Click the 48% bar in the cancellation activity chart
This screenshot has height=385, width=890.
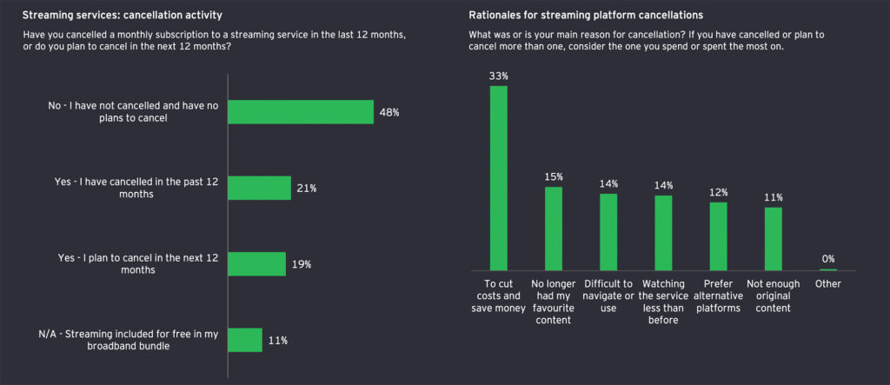[x=300, y=111]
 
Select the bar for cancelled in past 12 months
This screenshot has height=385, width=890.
[x=259, y=188]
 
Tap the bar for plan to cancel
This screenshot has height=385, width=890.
[x=256, y=264]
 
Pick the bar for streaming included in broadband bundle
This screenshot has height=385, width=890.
[x=244, y=340]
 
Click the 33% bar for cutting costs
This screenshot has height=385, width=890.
[x=499, y=178]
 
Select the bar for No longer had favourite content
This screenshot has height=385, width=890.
[x=554, y=229]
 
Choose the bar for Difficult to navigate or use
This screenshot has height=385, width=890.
[x=608, y=231]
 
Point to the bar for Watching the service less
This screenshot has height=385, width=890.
[x=663, y=232]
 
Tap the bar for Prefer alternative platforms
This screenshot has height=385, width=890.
[x=718, y=236]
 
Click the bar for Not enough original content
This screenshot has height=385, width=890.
[x=773, y=238]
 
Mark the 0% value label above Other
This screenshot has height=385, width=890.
[x=828, y=259]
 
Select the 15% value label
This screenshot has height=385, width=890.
[x=554, y=177]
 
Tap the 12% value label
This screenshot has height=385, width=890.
[x=718, y=192]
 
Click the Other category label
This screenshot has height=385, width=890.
[x=828, y=283]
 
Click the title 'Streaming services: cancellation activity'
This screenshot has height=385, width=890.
[x=123, y=16]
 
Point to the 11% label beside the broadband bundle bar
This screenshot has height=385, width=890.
[x=279, y=340]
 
